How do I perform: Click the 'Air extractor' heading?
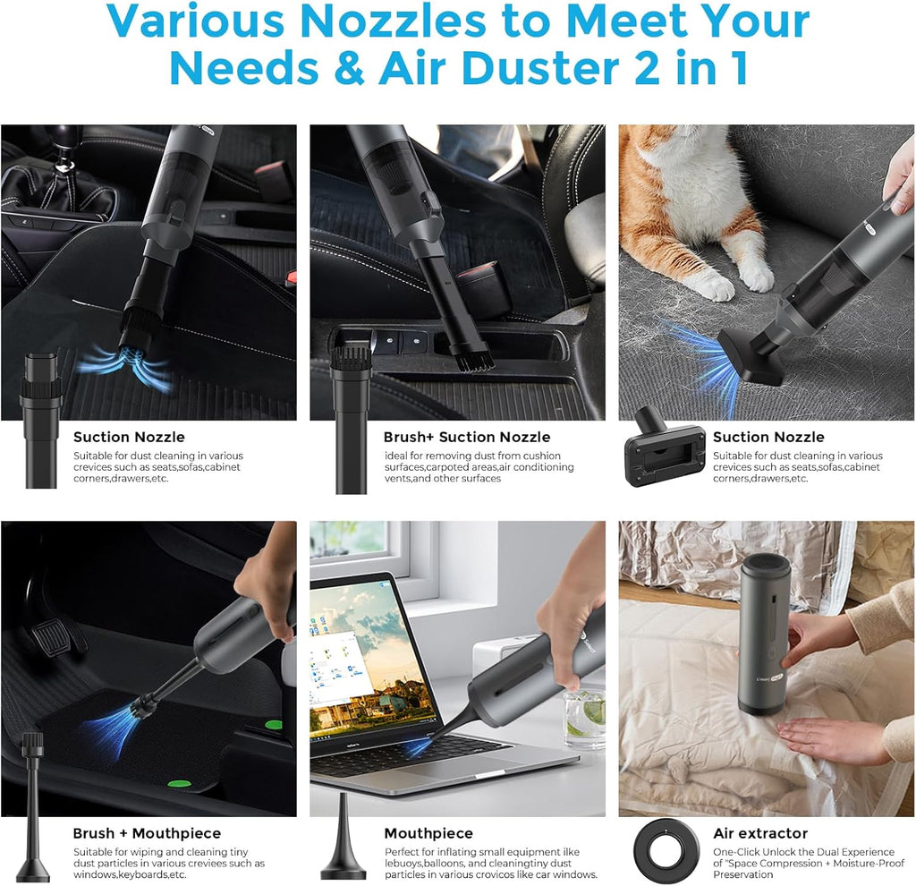(760, 833)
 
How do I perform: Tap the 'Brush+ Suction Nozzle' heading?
(467, 437)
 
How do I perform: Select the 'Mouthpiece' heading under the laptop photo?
(429, 833)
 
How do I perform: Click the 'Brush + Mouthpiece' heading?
(147, 833)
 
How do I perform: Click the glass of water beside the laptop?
(584, 717)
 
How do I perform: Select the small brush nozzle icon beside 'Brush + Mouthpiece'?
(32, 805)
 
